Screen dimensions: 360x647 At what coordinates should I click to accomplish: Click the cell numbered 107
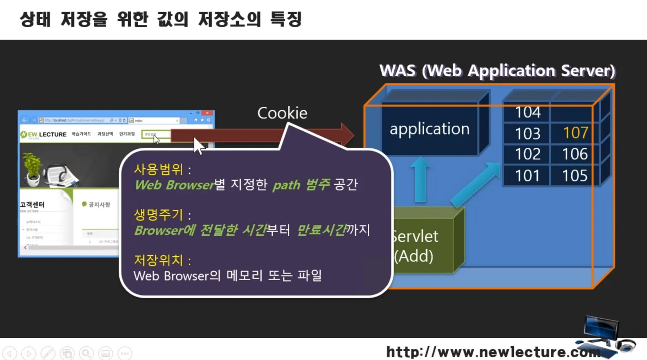[x=575, y=133]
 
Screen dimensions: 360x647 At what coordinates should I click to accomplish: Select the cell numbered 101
[x=527, y=176]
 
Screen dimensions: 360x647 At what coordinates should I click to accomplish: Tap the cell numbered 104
[x=527, y=112]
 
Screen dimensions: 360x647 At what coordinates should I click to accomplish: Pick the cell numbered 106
[x=575, y=154]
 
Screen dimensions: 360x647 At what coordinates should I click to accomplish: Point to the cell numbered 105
[x=575, y=176]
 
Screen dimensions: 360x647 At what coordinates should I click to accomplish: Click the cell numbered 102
[x=527, y=154]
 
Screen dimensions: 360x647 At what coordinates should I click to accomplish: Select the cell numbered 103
[x=527, y=133]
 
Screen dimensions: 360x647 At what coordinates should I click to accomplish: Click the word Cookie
[x=282, y=113]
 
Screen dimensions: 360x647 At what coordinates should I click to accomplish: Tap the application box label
[x=429, y=129]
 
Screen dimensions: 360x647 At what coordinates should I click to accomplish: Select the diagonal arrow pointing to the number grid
[x=476, y=184]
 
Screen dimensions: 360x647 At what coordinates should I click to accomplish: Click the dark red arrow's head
[x=347, y=135]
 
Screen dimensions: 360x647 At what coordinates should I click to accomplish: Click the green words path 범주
[x=301, y=185]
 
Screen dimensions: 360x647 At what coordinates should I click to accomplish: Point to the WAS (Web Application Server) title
[x=497, y=71]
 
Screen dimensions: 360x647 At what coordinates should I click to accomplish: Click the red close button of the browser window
[x=207, y=113]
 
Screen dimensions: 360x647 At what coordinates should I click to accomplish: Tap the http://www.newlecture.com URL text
[x=492, y=352]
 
